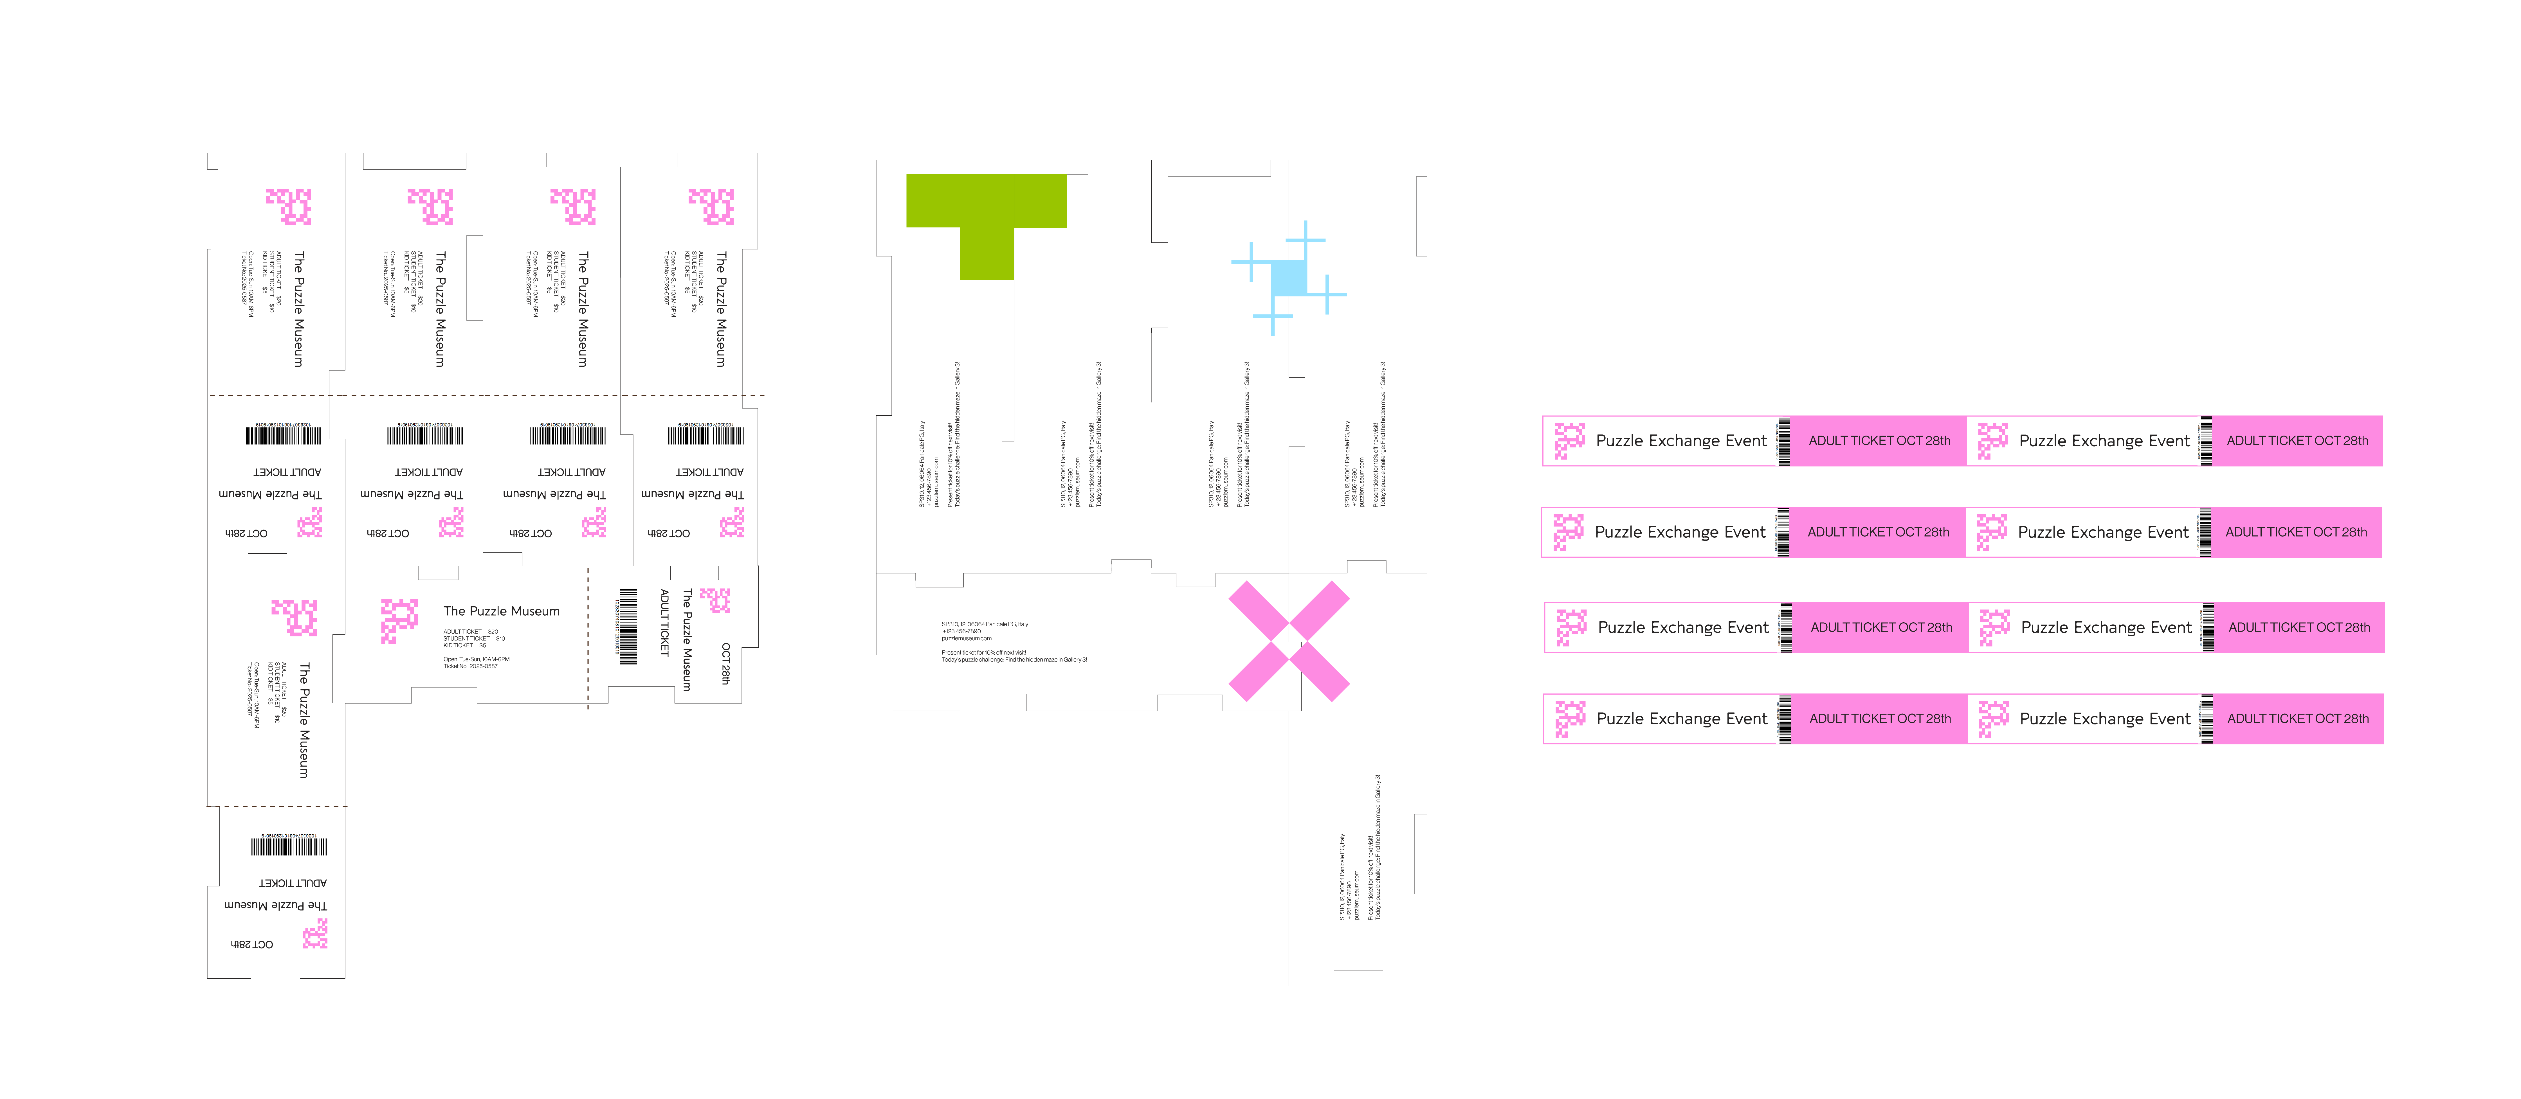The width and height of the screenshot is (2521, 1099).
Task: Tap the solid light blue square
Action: (x=1288, y=278)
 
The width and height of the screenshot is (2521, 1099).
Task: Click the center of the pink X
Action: (x=1289, y=641)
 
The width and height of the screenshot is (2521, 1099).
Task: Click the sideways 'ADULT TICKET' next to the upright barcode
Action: (x=664, y=622)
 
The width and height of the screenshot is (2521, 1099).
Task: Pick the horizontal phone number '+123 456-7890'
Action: (x=961, y=631)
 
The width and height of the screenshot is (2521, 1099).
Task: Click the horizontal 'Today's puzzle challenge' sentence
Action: (x=1014, y=659)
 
